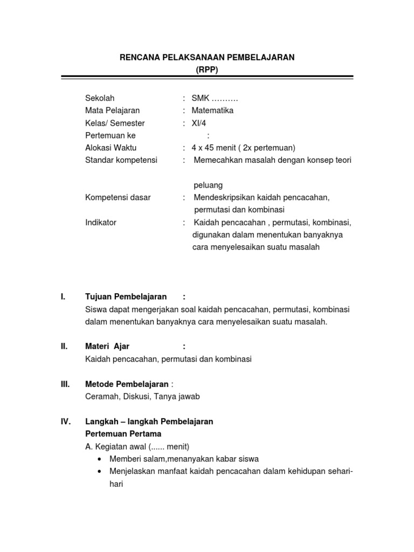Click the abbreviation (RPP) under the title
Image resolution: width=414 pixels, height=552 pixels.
tap(207, 69)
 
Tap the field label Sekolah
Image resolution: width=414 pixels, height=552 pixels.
tap(100, 98)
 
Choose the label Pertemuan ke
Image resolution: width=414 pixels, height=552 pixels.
tap(111, 135)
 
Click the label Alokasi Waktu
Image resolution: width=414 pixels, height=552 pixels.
tap(111, 148)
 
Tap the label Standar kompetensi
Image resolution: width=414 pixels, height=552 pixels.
tap(121, 160)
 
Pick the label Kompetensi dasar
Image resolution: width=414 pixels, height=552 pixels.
tap(118, 197)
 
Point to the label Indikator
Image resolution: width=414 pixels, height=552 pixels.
tap(101, 222)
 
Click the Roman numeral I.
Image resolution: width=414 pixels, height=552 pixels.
tap(63, 296)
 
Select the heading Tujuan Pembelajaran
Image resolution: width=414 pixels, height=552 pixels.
tap(126, 296)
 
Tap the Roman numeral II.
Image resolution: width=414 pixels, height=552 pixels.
tap(64, 346)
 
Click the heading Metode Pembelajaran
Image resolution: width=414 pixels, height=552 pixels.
tap(127, 384)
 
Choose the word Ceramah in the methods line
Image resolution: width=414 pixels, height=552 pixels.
tap(101, 396)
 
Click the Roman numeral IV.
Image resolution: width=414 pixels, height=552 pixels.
tap(66, 422)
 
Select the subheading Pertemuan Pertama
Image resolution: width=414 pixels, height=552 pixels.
tap(123, 433)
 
